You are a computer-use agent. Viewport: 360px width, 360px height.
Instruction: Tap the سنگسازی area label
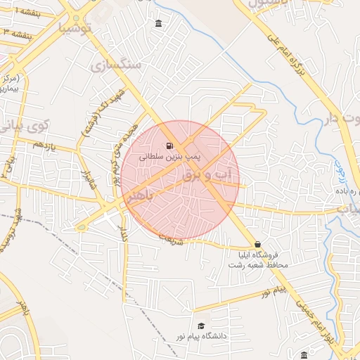(116, 65)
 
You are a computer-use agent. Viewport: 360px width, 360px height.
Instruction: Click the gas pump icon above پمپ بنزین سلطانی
(169, 146)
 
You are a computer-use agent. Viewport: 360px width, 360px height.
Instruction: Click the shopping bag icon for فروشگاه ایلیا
(258, 244)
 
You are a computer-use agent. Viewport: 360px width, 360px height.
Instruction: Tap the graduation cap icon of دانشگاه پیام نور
(202, 326)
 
